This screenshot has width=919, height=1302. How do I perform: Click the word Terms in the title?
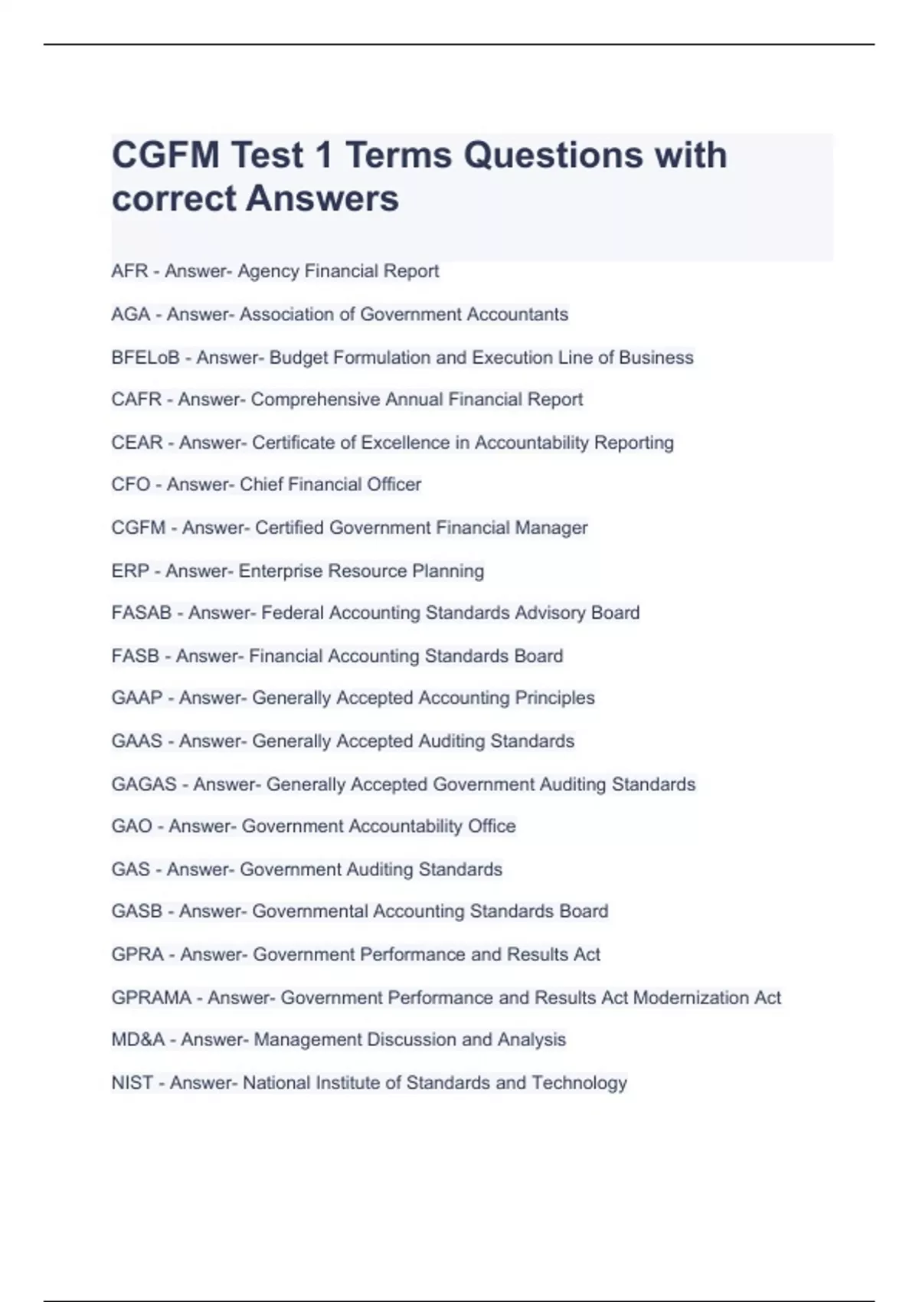(398, 155)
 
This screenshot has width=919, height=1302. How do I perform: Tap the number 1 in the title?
(323, 155)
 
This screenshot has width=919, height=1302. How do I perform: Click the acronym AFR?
(129, 271)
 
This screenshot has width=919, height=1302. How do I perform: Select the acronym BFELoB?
(145, 358)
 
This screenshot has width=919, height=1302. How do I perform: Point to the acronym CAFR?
(136, 400)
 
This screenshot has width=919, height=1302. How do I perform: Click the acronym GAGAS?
(144, 784)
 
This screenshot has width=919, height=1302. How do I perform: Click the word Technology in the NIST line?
(579, 1083)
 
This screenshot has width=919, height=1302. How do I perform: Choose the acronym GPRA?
(138, 954)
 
